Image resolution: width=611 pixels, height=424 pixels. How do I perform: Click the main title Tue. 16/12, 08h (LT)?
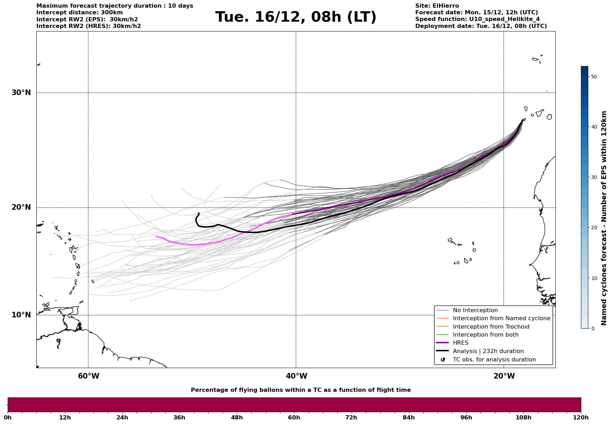point(296,17)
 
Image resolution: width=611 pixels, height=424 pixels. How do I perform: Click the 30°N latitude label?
point(21,93)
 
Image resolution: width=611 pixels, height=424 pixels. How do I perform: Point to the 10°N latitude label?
point(21,315)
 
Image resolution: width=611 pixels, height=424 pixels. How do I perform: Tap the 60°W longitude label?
point(88,376)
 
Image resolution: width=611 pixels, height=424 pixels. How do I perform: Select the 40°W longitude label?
point(296,376)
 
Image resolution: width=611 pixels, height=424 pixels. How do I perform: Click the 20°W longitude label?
point(504,376)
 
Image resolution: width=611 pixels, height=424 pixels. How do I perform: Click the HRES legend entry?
point(460,343)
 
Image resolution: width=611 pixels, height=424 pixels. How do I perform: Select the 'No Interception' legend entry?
point(475,310)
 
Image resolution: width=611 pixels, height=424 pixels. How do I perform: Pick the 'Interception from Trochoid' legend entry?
point(491,327)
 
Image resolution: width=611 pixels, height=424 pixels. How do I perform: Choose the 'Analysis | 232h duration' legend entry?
point(488,351)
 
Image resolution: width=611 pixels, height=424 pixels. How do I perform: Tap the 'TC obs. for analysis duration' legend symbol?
point(443,360)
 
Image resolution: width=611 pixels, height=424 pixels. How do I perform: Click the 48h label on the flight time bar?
point(237,418)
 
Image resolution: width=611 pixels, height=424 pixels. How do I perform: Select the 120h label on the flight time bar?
point(581,418)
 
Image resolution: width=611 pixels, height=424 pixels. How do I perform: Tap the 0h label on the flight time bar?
point(8,418)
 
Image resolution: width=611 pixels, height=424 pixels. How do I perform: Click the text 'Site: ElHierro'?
point(437,6)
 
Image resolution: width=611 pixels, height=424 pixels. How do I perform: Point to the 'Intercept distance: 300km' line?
point(79,13)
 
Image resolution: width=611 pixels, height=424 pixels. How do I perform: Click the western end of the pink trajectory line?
point(157,237)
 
